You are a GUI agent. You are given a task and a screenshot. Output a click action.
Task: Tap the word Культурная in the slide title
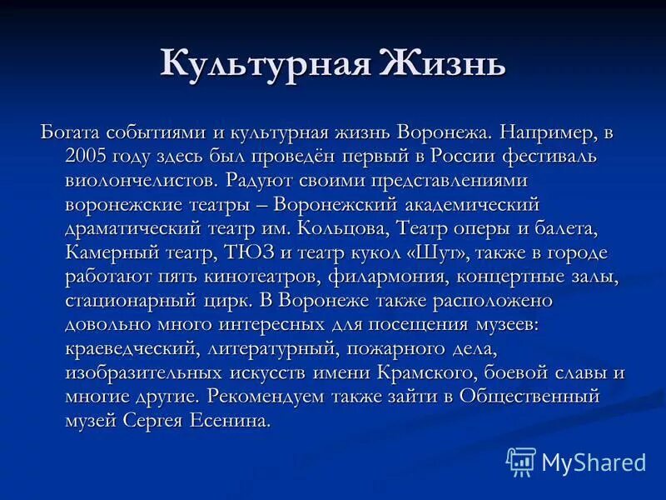(x=265, y=65)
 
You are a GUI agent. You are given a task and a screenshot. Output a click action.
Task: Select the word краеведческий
(x=130, y=348)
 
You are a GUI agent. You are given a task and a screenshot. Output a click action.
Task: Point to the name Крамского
(x=435, y=372)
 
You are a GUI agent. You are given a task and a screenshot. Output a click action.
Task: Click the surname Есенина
(x=229, y=421)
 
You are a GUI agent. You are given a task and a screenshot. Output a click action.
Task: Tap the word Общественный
(x=529, y=397)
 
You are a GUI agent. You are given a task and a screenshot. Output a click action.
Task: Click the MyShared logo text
(x=593, y=461)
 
